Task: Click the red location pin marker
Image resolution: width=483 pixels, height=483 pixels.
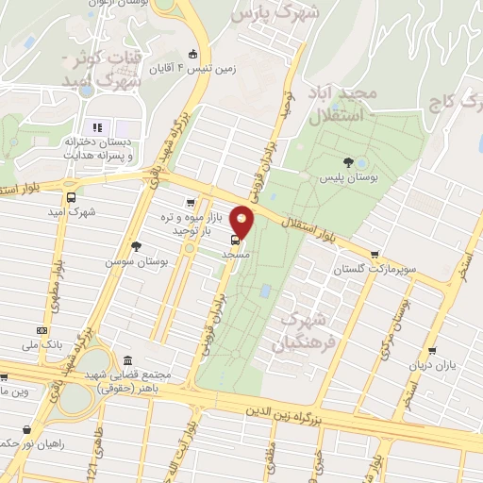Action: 242,223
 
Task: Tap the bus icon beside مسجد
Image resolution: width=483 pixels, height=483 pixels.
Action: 235,239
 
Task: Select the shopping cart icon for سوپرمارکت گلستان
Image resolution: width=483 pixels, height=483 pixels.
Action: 375,254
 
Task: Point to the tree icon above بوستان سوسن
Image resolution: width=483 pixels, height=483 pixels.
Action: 137,245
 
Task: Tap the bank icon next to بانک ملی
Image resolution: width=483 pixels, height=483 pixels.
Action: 42,330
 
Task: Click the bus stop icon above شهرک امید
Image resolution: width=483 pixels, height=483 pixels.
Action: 72,197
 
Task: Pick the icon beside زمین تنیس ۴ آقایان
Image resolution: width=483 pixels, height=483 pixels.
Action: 193,53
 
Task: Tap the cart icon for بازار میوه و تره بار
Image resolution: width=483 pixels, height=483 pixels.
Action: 192,202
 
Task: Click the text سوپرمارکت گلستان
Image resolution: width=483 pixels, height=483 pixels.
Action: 373,271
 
